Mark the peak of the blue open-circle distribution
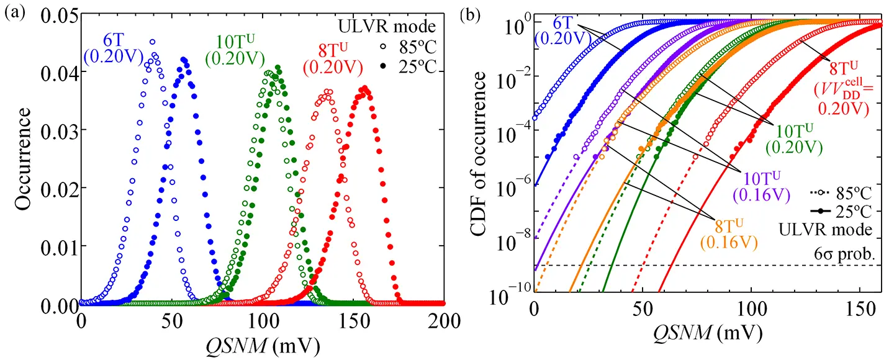152,42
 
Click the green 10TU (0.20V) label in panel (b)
794,139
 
